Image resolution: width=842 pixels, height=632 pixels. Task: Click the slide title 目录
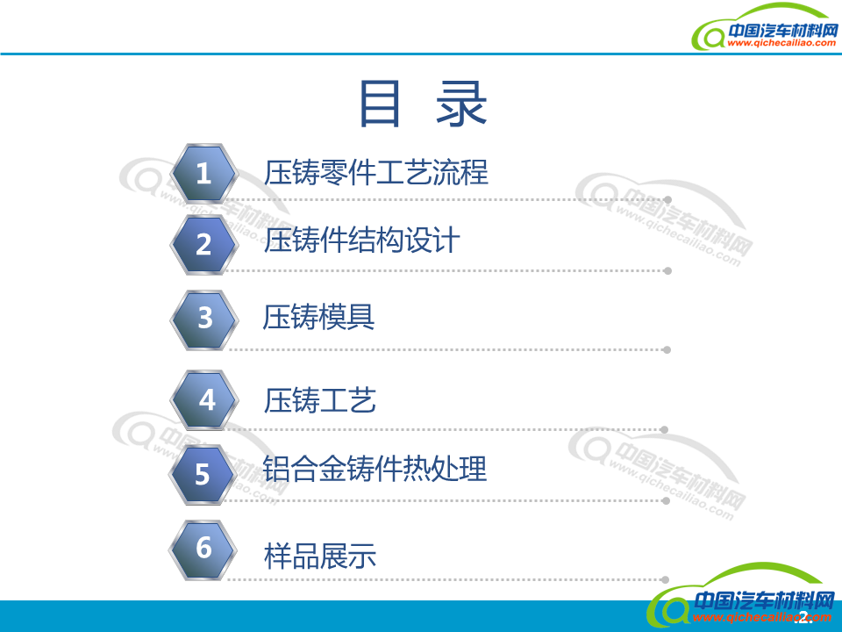point(423,105)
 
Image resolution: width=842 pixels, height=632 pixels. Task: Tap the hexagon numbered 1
point(203,174)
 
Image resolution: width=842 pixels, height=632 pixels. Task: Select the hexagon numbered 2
point(203,244)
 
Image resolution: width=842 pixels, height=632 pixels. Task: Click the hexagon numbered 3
point(204,318)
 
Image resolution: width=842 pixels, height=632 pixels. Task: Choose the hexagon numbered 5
point(203,475)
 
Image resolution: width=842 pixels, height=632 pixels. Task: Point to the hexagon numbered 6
point(203,549)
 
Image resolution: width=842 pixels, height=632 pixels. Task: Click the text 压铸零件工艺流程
point(375,172)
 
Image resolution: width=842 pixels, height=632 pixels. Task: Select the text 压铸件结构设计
point(361,241)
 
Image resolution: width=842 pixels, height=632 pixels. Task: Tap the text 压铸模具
point(319,317)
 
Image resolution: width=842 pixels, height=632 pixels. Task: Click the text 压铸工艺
point(319,400)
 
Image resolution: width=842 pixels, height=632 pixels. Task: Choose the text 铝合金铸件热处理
point(375,469)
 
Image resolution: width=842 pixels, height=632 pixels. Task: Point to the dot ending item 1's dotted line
point(668,200)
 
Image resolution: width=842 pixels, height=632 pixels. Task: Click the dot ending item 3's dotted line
point(667,349)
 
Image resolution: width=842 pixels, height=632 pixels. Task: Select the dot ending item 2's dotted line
point(667,270)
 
